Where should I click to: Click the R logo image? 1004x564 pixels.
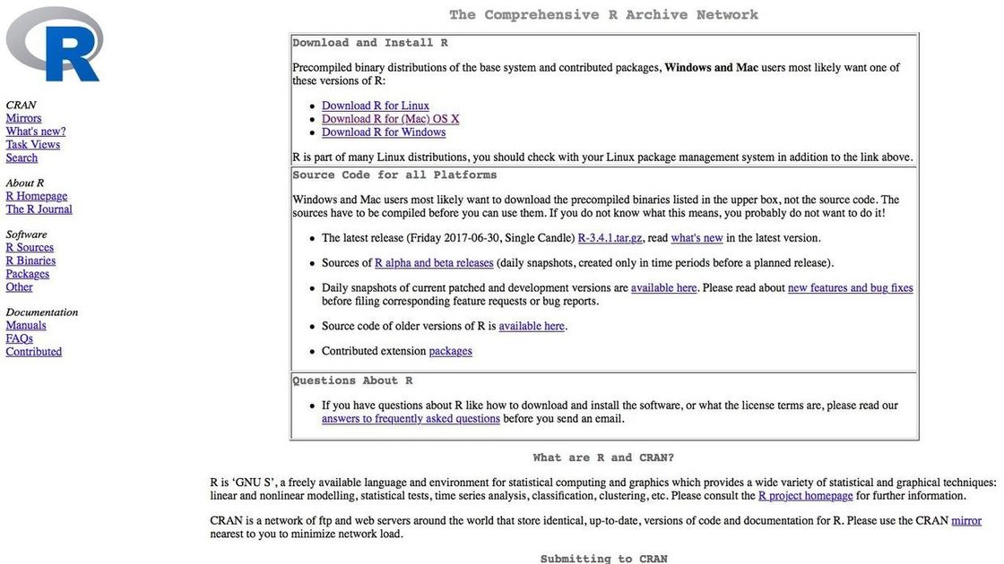(x=55, y=45)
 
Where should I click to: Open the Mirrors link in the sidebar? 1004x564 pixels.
(x=23, y=118)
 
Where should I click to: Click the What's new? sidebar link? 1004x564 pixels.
(x=36, y=132)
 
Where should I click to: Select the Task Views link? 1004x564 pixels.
(x=33, y=145)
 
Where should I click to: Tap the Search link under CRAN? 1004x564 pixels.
(x=22, y=158)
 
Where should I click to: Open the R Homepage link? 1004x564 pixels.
(x=37, y=196)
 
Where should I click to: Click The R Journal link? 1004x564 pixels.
(x=39, y=209)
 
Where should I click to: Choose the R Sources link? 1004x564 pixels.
(x=30, y=248)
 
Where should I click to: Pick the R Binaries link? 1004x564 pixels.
(x=30, y=261)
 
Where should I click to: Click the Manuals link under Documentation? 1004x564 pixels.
(x=26, y=326)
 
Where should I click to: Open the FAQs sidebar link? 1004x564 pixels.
(x=20, y=339)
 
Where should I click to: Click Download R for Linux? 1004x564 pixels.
(x=376, y=106)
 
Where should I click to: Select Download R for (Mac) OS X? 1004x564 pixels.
(x=391, y=119)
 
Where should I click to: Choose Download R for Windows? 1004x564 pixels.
(x=384, y=132)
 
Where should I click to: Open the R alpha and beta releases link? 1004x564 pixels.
(x=434, y=263)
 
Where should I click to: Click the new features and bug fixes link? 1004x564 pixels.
(x=850, y=288)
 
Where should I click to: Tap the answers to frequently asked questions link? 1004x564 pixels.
(x=411, y=419)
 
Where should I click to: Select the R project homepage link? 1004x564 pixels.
(x=805, y=496)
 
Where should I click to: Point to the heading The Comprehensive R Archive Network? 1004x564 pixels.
(x=603, y=14)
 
